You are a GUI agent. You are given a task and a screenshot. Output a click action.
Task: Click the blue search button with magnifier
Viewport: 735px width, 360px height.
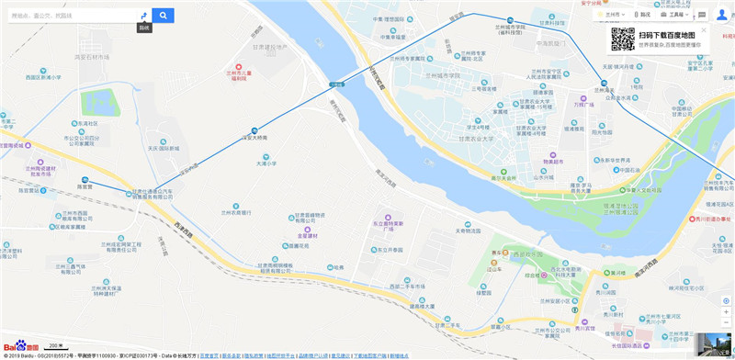[x=163, y=16]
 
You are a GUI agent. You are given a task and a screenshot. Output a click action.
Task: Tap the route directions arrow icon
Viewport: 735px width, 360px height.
[x=143, y=16]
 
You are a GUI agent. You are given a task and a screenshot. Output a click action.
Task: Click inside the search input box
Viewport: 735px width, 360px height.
[x=69, y=16]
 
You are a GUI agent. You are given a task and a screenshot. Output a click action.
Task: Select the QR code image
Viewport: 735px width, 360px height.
[x=623, y=39]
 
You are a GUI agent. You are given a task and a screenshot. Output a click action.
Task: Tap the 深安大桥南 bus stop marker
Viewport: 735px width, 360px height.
[x=254, y=129]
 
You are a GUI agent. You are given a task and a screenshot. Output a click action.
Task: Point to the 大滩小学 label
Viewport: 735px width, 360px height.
[x=266, y=163]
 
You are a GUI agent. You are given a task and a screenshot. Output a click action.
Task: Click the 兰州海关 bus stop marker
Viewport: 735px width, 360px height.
[x=605, y=83]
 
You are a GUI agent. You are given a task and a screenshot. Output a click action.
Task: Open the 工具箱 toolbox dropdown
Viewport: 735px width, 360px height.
[x=680, y=16]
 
